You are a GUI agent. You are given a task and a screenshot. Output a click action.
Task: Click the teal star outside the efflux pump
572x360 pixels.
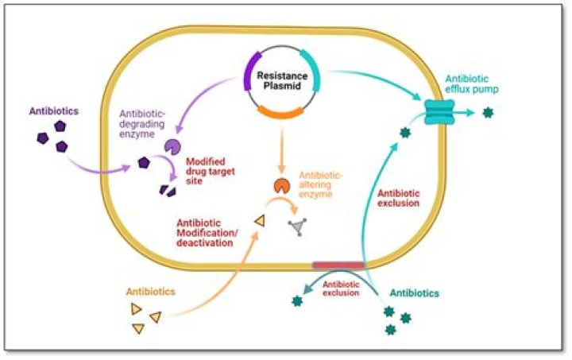tap(488, 113)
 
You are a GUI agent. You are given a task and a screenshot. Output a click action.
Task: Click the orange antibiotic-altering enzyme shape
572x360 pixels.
tap(281, 185)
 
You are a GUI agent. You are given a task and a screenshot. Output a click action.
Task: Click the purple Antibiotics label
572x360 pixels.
tap(54, 111)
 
